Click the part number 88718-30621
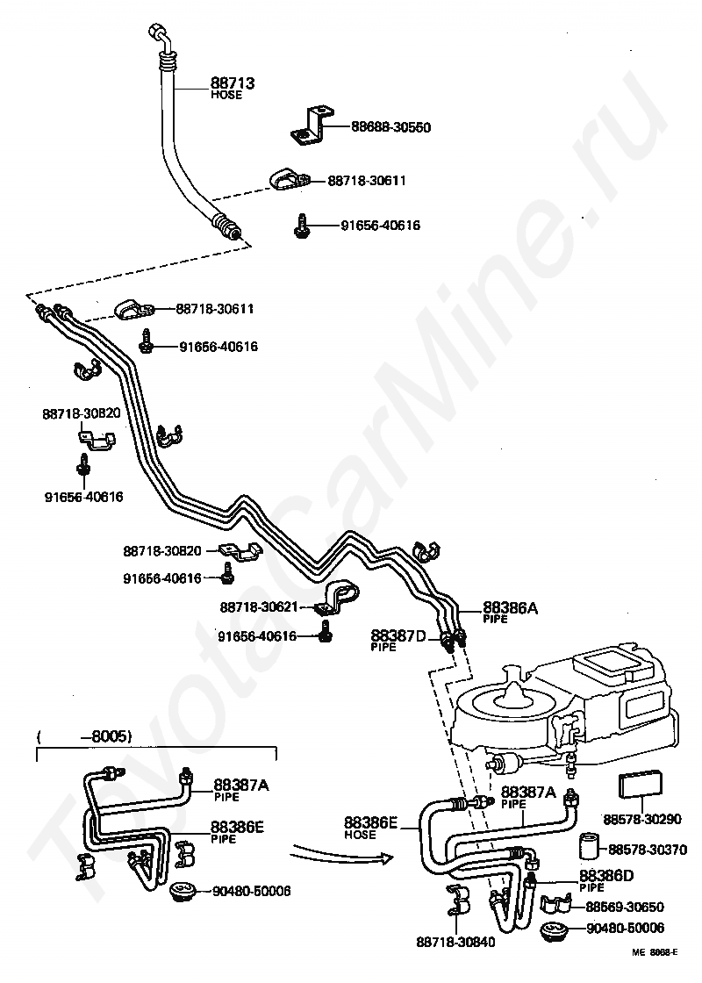pyautogui.click(x=259, y=606)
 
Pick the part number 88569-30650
pyautogui.click(x=625, y=907)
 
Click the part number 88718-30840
pyautogui.click(x=455, y=944)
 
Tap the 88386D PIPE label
pyautogui.click(x=605, y=880)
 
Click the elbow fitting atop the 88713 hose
pyautogui.click(x=159, y=35)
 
